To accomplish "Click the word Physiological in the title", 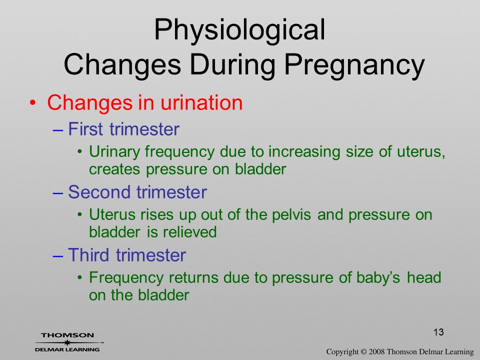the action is coord(239,30).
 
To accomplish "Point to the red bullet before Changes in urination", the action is coord(33,103).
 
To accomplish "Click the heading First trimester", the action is coord(123,129).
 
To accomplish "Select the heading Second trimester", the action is coord(137,192).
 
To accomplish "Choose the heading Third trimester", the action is coord(127,255).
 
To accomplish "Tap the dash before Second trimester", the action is coord(58,193).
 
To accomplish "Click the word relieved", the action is coord(190,232).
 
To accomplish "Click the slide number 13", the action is coord(438,332).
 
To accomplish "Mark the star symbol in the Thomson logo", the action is coord(67,342).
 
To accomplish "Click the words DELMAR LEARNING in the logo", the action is coord(67,349).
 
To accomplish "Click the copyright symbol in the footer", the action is coord(363,352).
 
